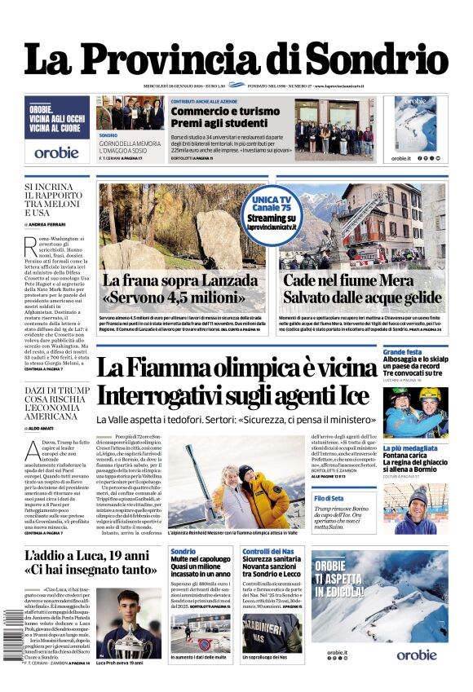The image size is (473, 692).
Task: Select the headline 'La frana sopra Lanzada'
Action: point(179,281)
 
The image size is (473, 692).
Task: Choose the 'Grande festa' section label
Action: point(403,352)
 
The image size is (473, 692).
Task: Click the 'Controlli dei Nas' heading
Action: point(262,552)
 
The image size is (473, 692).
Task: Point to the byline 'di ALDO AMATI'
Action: point(45,427)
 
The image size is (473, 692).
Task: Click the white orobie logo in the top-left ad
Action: point(56,152)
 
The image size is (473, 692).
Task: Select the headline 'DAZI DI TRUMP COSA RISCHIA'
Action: point(56,403)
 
